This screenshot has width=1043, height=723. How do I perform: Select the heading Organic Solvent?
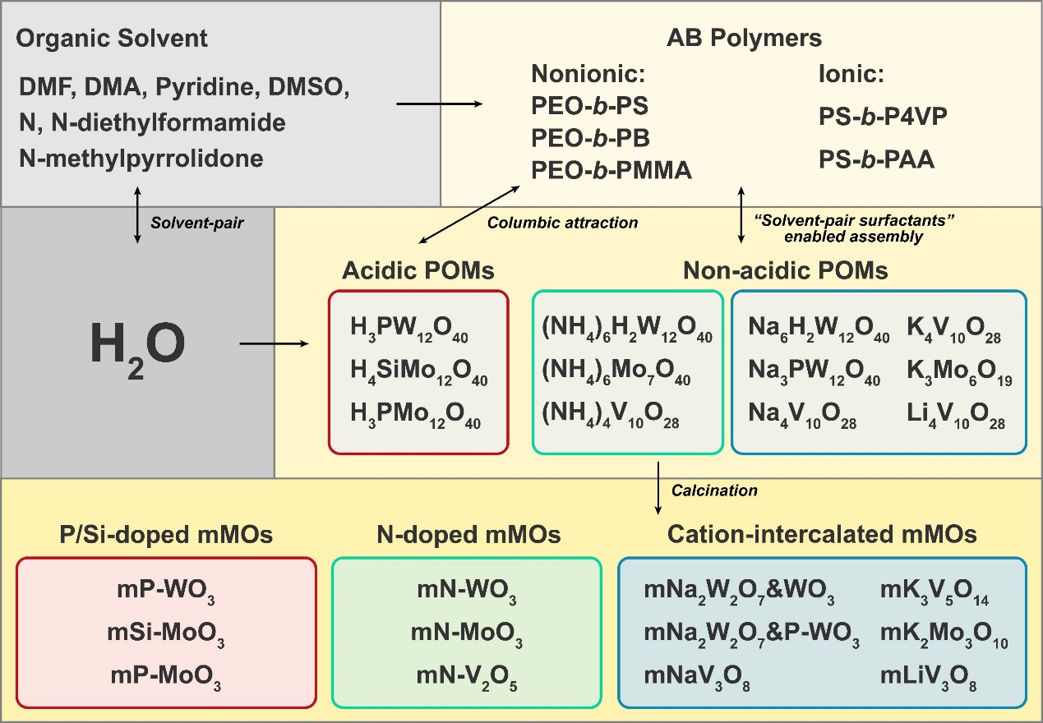(112, 38)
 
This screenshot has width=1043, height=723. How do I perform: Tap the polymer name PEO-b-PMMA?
(612, 170)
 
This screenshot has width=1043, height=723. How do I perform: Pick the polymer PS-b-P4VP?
(882, 116)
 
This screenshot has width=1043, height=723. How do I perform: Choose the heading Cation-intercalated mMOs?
(822, 535)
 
